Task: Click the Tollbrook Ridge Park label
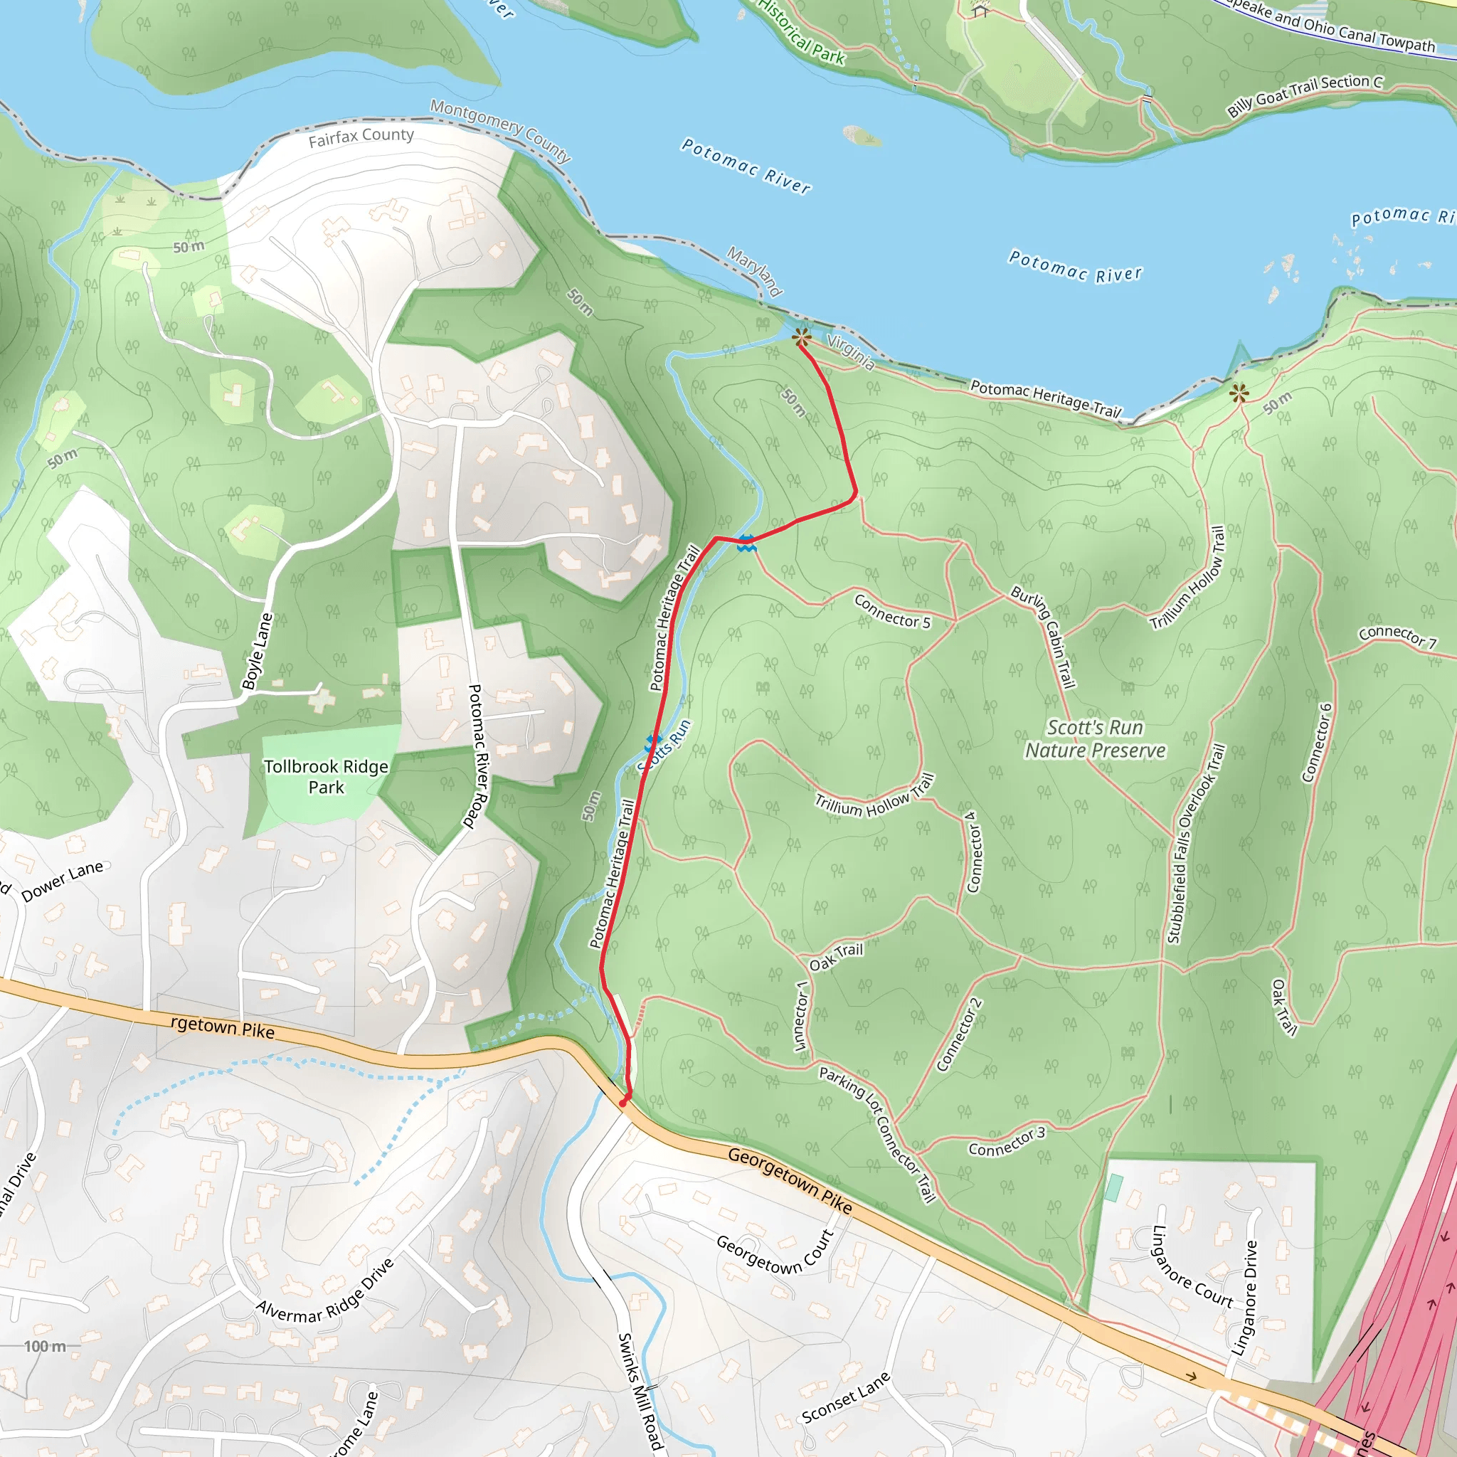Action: pos(326,777)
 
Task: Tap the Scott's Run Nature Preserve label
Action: pos(1095,739)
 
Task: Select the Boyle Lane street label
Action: pos(257,652)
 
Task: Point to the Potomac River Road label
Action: pos(478,756)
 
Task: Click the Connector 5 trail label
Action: pos(892,612)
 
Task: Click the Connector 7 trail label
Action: pos(1397,637)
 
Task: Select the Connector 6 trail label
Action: pos(1318,743)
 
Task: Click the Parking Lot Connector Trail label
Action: pos(878,1134)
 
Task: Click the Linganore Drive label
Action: pos(1245,1297)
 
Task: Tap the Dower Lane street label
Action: pos(63,881)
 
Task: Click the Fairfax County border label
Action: pos(361,137)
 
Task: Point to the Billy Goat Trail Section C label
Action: pos(1305,95)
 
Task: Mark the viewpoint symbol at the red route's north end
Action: pos(802,337)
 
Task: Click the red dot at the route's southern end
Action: pos(623,1103)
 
